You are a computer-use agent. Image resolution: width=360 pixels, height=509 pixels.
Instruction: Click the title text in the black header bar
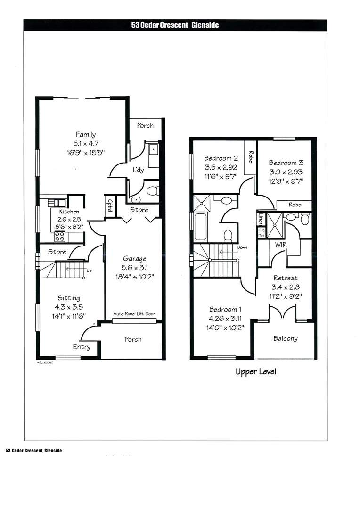pyautogui.click(x=175, y=25)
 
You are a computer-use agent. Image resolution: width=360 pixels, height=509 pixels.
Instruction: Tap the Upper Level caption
pyautogui.click(x=256, y=372)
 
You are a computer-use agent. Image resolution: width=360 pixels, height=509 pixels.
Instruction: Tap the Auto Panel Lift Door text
pyautogui.click(x=134, y=314)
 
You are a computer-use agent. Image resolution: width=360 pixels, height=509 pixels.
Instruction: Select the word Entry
pyautogui.click(x=82, y=347)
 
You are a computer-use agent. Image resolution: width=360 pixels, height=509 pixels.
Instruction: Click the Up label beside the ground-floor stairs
pyautogui.click(x=90, y=271)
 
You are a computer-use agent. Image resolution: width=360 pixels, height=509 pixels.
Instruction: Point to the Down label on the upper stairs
pyautogui.click(x=242, y=247)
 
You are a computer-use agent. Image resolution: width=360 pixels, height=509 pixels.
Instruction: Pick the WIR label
pyautogui.click(x=281, y=245)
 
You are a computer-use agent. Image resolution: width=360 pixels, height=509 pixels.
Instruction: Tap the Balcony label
pyautogui.click(x=285, y=338)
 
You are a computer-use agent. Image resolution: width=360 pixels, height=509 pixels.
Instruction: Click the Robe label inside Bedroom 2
pyautogui.click(x=251, y=156)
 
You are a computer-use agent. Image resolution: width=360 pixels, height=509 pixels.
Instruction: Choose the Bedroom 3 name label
pyautogui.click(x=286, y=163)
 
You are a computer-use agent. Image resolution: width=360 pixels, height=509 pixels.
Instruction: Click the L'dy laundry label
pyautogui.click(x=138, y=170)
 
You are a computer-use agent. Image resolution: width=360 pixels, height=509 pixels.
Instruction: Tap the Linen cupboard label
pyautogui.click(x=261, y=219)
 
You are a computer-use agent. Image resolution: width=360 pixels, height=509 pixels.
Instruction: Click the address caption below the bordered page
pyautogui.click(x=33, y=451)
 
